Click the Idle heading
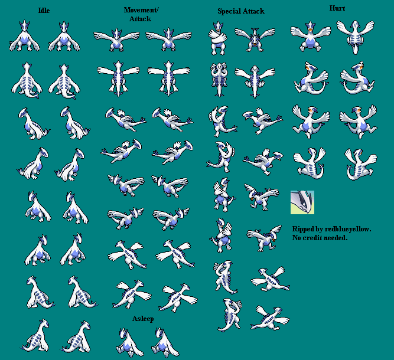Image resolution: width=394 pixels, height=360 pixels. pos(44,11)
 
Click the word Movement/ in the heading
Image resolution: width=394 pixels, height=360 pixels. pos(141,10)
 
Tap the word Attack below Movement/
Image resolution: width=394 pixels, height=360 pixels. pos(140,19)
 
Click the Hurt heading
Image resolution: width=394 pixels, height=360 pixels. pos(337,8)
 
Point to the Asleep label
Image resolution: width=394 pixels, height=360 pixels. pos(143,319)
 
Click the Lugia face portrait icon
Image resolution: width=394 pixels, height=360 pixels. pos(302,202)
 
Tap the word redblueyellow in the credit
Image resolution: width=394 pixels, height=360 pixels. pos(348,229)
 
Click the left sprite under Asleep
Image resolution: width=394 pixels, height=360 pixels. pos(129,342)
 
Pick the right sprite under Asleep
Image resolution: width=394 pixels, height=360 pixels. pos(165,342)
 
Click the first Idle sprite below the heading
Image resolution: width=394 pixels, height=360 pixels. pos(24,35)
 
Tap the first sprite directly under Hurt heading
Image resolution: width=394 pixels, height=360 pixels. pos(310,37)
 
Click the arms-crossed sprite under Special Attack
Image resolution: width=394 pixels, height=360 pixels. pos(217,38)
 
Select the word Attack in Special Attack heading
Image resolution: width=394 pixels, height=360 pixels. pos(253,11)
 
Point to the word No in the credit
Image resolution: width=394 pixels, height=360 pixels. pos(297,238)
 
